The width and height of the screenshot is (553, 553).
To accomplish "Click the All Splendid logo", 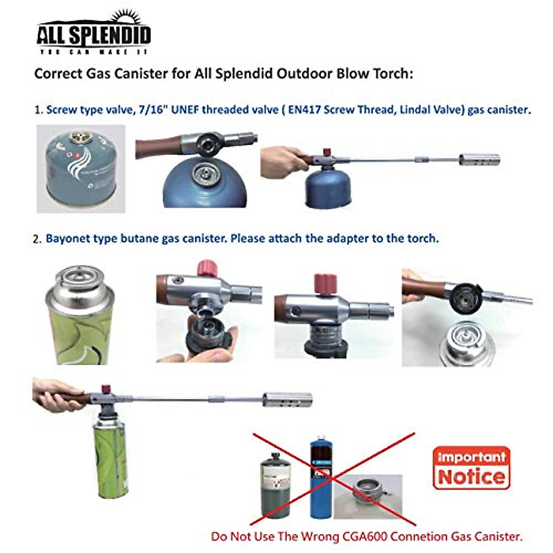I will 94,34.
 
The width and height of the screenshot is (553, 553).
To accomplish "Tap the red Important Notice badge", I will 471,467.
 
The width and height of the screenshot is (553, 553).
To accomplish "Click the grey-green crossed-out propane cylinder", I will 275,487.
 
